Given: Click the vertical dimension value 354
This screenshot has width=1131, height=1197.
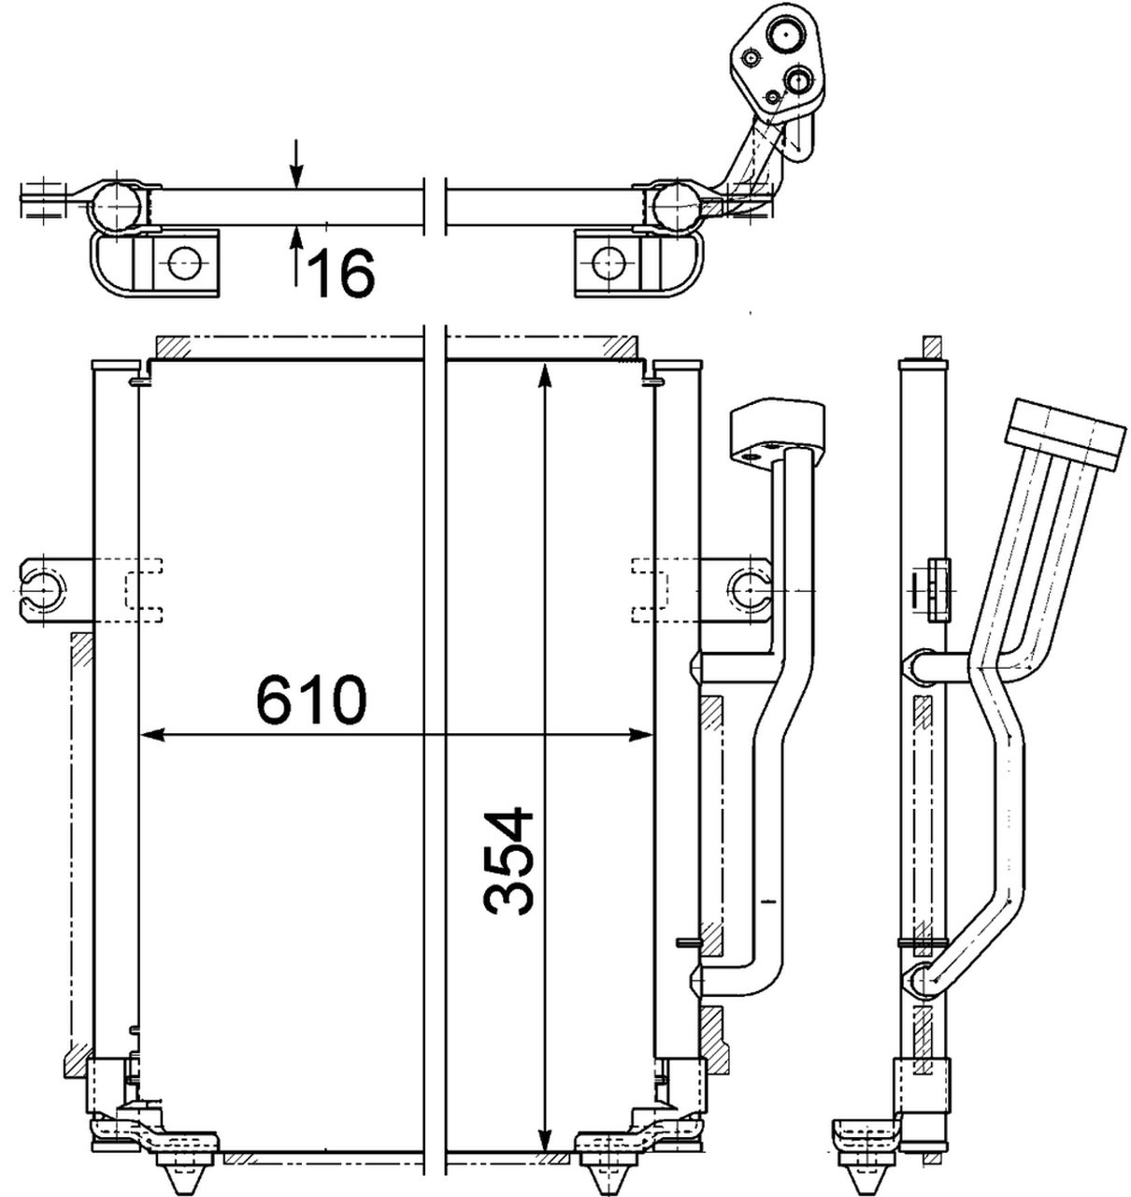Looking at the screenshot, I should point(508,860).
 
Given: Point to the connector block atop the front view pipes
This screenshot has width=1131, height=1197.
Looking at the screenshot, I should point(777,428).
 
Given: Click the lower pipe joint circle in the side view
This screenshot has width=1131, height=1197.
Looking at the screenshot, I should point(920,979).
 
